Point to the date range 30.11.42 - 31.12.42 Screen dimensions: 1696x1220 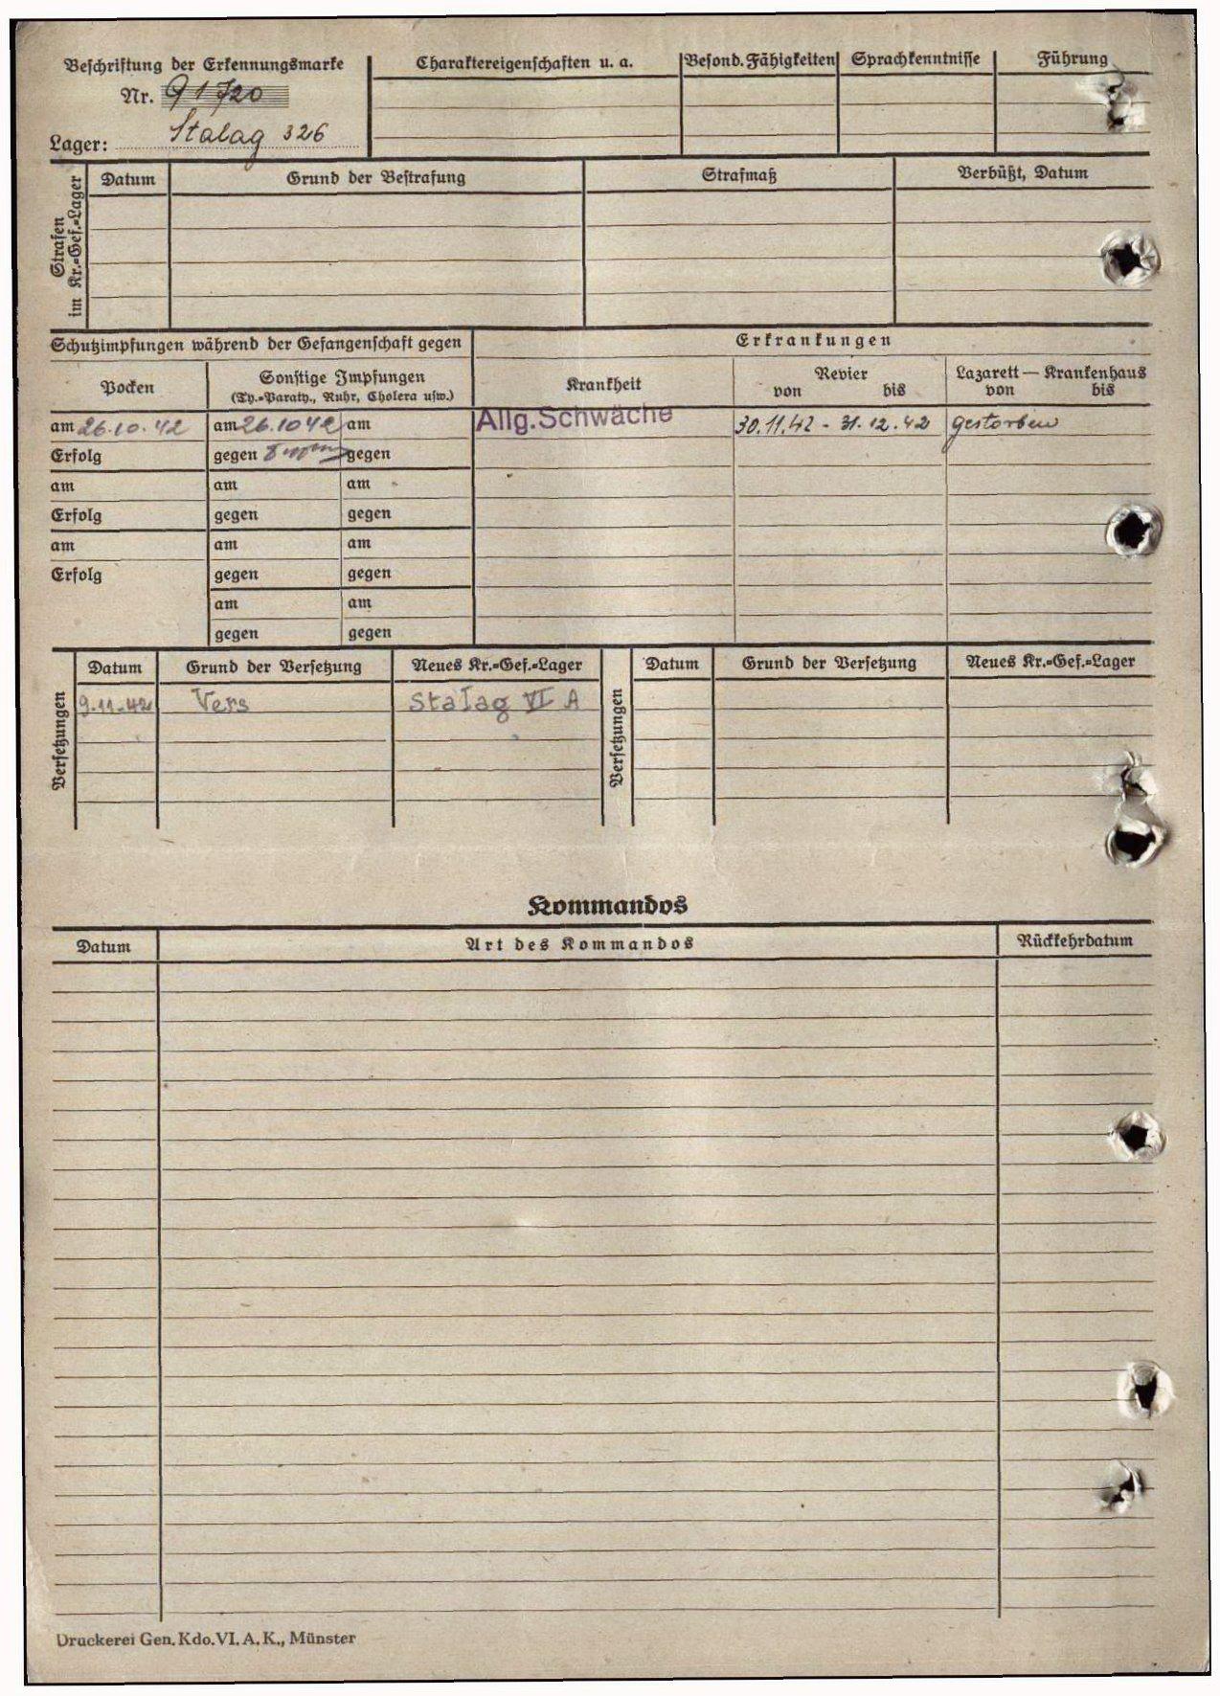point(832,425)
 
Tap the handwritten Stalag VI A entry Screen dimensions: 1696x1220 point(494,701)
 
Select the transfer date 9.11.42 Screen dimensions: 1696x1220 point(116,707)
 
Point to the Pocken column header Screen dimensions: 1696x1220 point(127,388)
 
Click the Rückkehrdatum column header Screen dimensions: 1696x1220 point(1074,940)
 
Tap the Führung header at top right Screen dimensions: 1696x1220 point(1073,59)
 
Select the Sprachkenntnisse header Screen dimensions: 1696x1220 point(915,60)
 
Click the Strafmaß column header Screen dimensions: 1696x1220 point(738,176)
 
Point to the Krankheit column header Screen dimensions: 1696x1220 point(603,384)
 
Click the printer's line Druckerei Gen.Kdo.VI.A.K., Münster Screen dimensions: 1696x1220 point(206,1639)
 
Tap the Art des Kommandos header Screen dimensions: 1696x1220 point(578,944)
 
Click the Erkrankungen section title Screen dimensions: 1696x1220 point(813,340)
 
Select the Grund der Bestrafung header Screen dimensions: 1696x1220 point(375,178)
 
